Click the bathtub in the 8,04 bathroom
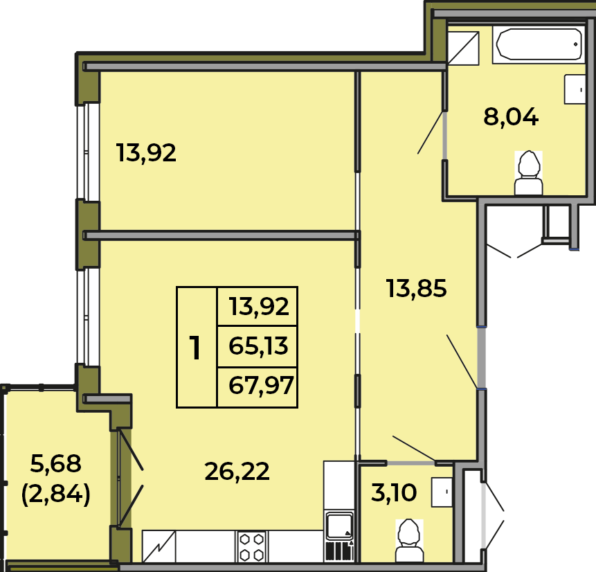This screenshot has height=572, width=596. coord(539,44)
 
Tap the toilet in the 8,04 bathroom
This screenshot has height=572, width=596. coord(528,173)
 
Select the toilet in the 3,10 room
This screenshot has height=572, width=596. coord(409,540)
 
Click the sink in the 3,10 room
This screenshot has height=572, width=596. coord(442,492)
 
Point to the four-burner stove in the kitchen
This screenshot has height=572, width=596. coord(252,546)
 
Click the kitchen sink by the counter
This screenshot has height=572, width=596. coord(339,526)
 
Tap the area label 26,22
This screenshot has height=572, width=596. coord(237,472)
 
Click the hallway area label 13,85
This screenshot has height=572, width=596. coord(416,288)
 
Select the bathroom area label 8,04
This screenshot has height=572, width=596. coord(511,116)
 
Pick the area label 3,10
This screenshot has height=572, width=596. coord(394,492)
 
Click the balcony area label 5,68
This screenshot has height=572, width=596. coord(55,463)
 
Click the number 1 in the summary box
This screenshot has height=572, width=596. coord(195,348)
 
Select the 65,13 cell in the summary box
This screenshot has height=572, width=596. coord(258,346)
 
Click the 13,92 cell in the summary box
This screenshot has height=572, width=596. coord(258,307)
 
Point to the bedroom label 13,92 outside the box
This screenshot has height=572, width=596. coord(146,153)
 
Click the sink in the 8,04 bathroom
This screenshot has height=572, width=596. coord(575,89)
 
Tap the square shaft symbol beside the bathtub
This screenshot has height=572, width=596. coord(463,48)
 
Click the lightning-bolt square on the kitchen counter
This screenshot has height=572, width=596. coord(159,546)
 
